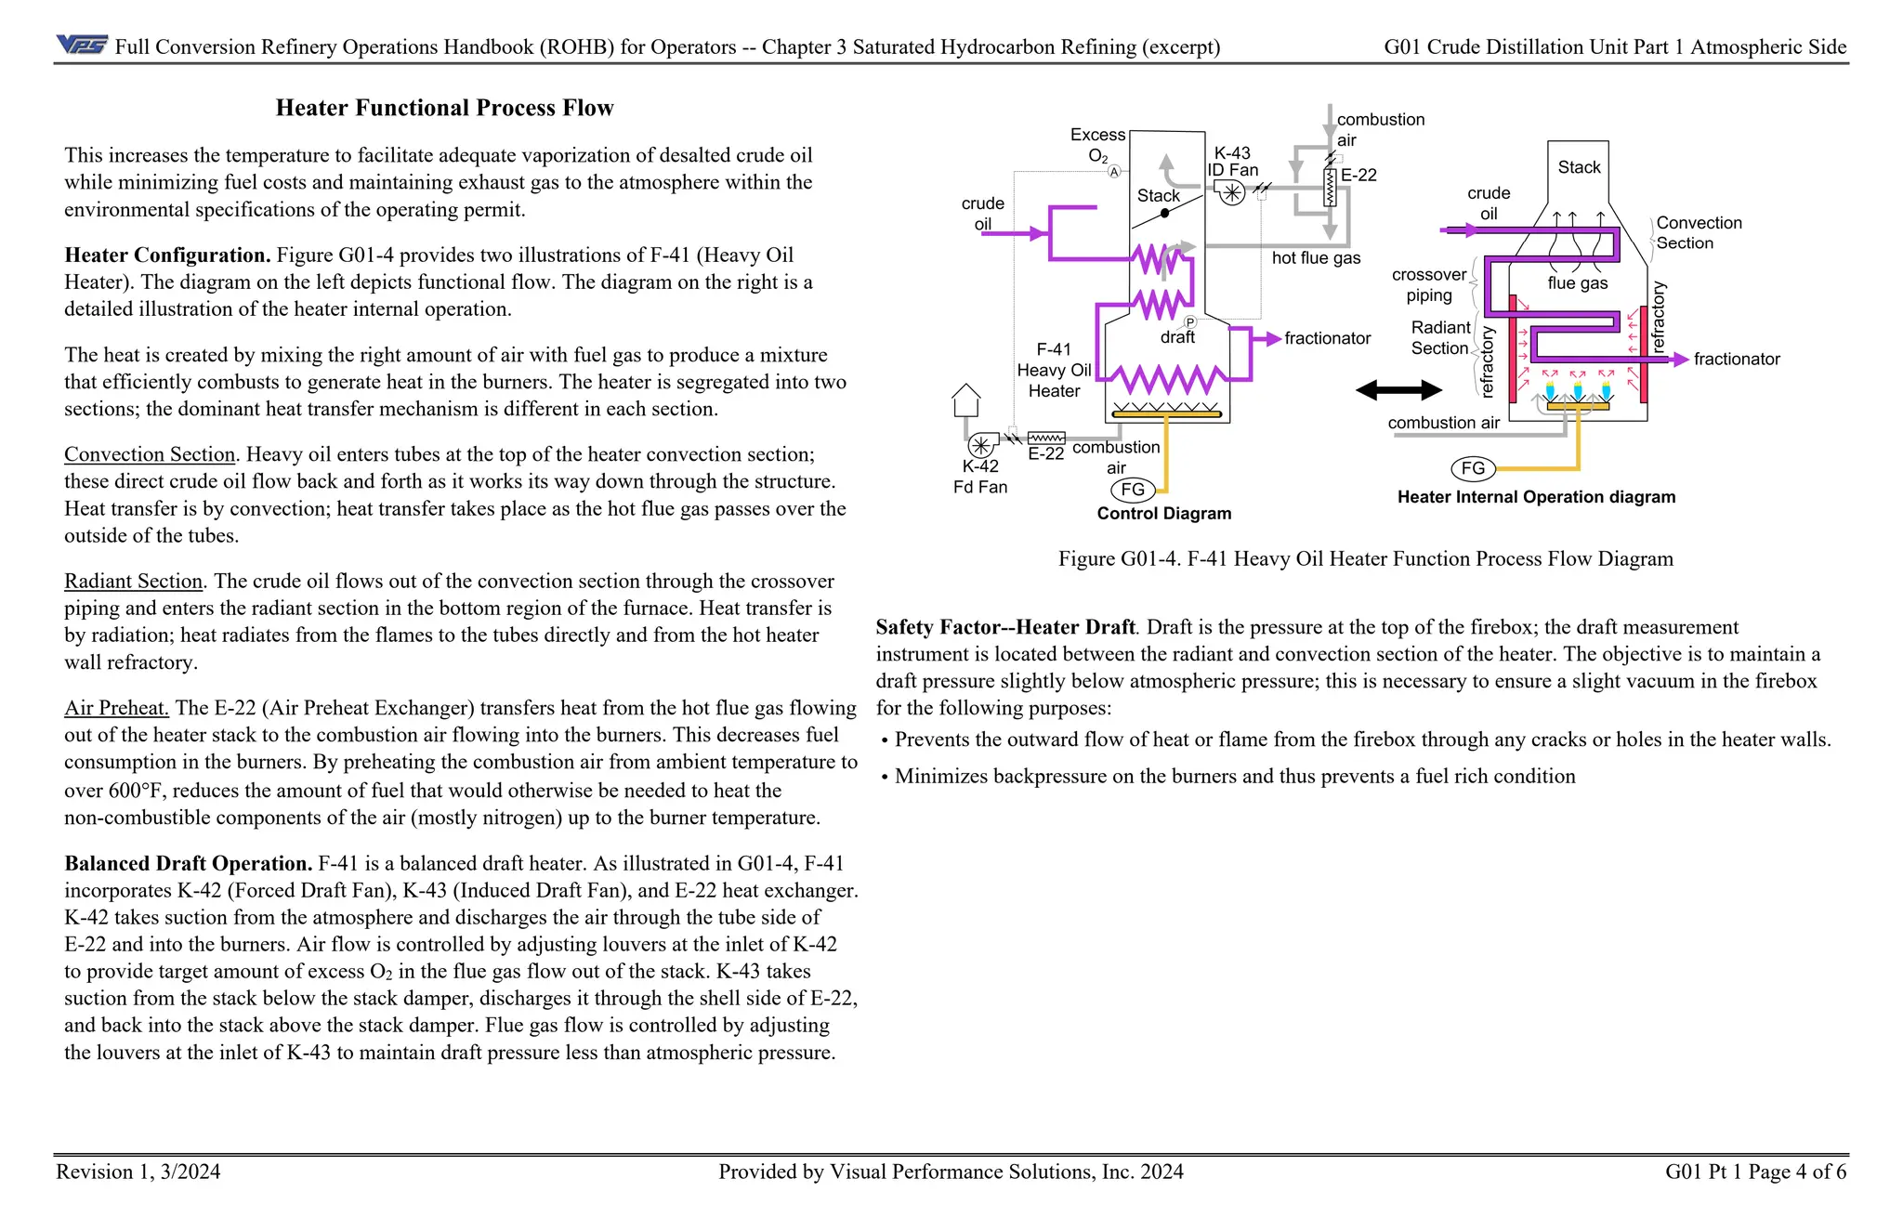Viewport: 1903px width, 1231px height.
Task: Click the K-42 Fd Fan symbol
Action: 981,445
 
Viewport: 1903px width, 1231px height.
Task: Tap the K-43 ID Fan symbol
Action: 1231,192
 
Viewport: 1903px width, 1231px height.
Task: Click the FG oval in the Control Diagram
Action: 1133,490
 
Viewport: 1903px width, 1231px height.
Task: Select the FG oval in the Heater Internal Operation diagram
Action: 1473,468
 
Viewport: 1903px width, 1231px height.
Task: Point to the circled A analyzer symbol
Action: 1114,172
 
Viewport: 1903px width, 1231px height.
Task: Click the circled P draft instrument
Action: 1189,322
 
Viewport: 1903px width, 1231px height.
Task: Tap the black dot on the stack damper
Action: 1164,214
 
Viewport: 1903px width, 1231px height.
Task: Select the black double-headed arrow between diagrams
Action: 1398,390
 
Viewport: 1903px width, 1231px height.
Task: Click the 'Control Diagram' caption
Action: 1163,514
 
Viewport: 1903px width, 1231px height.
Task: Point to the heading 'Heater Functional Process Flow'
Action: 444,108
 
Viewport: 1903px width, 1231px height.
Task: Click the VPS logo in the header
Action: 82,45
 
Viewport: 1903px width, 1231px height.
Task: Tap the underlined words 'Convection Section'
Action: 150,454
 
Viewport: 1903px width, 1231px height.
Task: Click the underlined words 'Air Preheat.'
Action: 116,708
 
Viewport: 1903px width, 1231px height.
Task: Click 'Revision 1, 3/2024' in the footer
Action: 138,1172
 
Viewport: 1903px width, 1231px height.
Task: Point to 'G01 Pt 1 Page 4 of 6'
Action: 1755,1172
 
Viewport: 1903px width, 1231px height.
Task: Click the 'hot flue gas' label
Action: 1316,258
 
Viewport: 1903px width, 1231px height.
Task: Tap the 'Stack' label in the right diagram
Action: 1579,167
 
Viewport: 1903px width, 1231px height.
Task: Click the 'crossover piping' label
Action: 1428,285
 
